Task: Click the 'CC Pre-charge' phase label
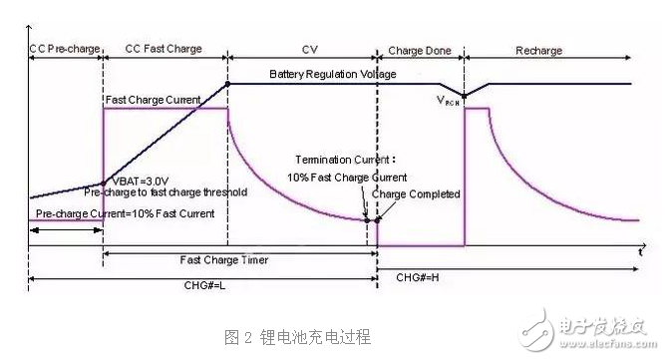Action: [64, 48]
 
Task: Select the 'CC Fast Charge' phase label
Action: [164, 48]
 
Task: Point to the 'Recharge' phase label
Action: [539, 49]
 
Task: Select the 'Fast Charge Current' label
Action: [152, 99]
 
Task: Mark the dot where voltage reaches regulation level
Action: [228, 84]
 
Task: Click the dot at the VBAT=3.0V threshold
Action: [104, 182]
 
